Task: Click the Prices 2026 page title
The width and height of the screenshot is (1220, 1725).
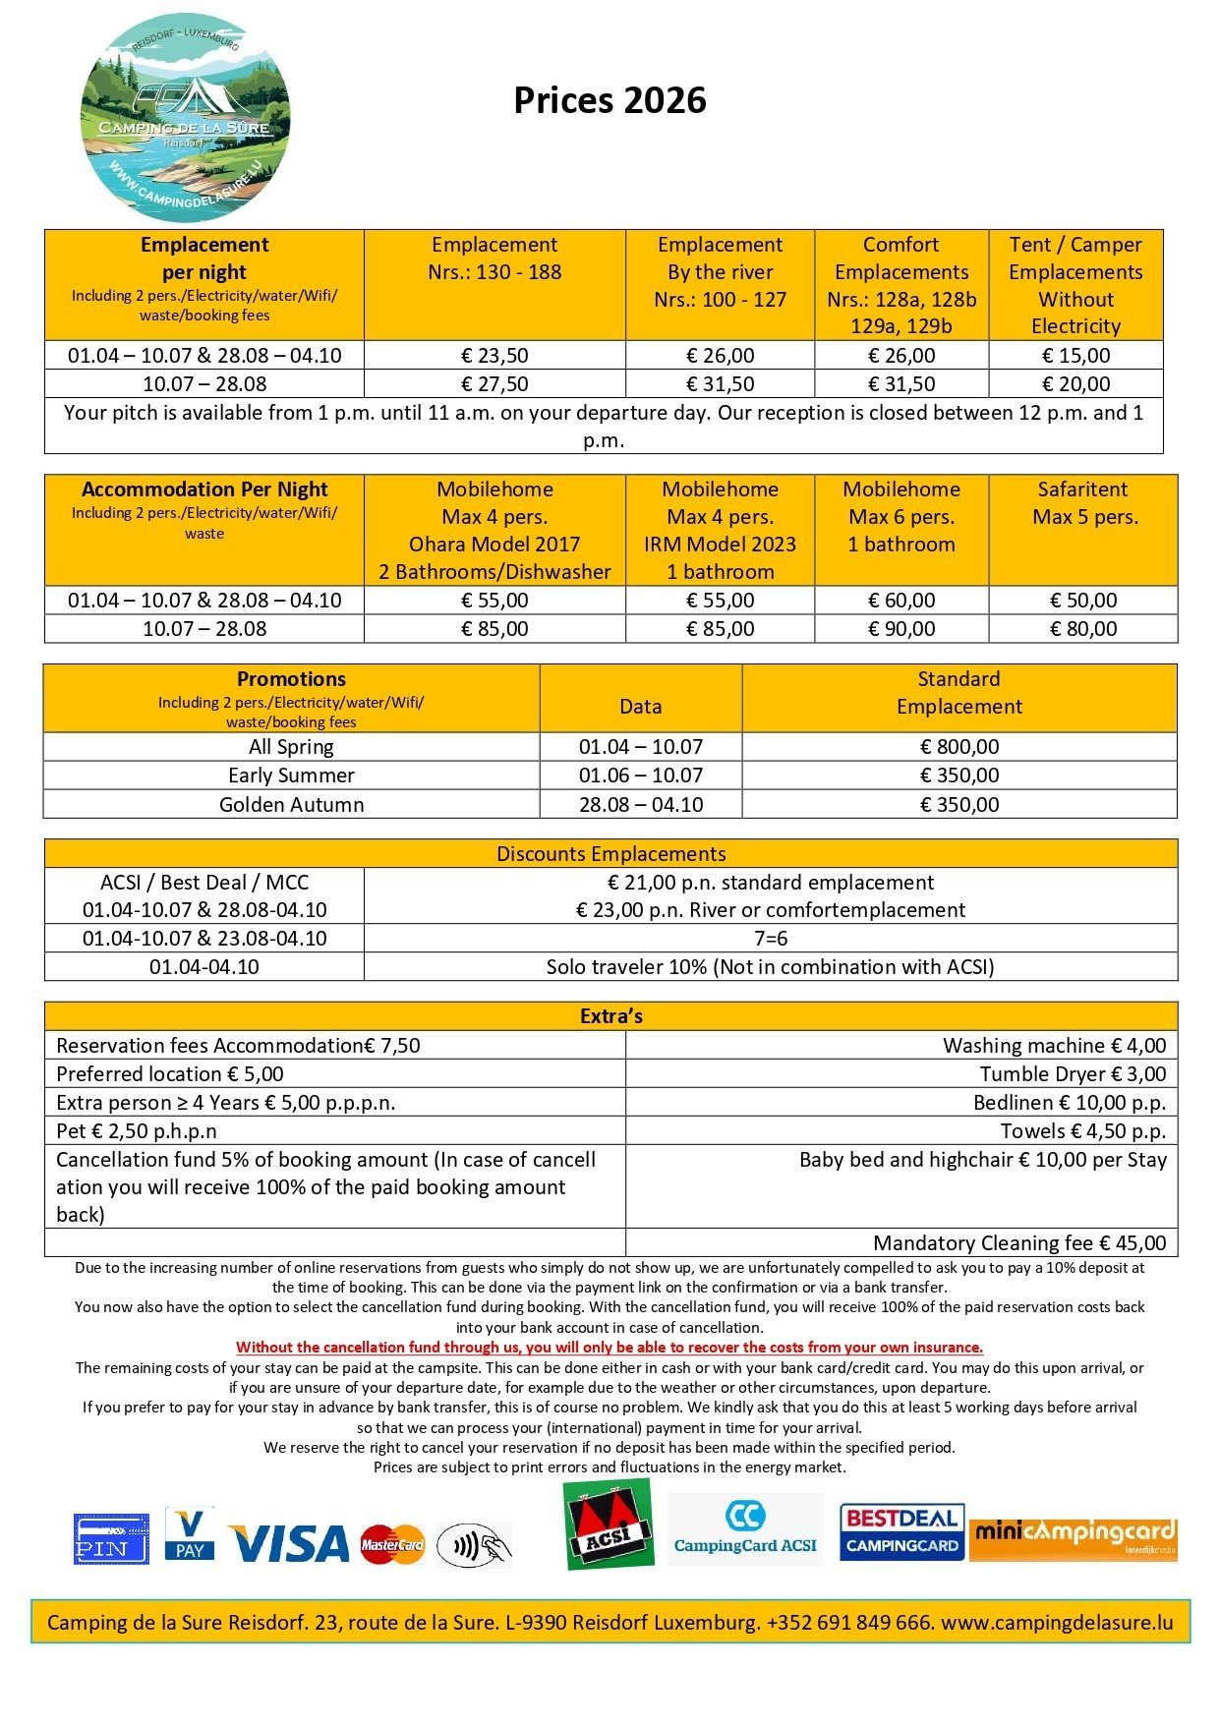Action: tap(610, 100)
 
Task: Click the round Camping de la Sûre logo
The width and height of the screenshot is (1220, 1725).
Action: tap(185, 118)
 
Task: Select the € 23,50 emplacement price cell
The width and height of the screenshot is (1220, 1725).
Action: tap(494, 356)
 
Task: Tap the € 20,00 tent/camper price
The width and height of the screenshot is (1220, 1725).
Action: tap(1075, 384)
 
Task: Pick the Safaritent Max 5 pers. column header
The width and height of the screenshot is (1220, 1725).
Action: tap(1082, 503)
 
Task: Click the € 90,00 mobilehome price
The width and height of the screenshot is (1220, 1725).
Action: tap(901, 629)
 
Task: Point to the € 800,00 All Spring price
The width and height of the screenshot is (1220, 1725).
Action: tap(959, 747)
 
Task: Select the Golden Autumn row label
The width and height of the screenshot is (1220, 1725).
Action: tap(291, 805)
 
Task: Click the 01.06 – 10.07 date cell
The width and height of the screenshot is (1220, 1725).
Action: tap(640, 776)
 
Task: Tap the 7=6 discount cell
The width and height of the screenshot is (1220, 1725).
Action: tap(770, 939)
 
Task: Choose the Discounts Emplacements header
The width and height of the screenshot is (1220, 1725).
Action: tap(610, 854)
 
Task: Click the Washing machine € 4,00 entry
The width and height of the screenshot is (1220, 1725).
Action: tap(1054, 1046)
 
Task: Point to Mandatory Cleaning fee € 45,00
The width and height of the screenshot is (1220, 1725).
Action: tap(1018, 1243)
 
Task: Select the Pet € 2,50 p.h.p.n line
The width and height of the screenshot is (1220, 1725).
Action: tap(137, 1131)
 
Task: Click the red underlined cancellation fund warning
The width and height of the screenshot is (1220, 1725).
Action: tap(610, 1348)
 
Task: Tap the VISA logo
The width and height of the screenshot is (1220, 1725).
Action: tap(288, 1544)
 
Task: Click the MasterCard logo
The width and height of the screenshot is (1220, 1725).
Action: tap(391, 1545)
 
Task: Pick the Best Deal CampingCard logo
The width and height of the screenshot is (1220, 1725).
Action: tap(901, 1532)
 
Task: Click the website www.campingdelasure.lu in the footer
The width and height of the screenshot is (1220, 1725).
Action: tap(1057, 1623)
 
